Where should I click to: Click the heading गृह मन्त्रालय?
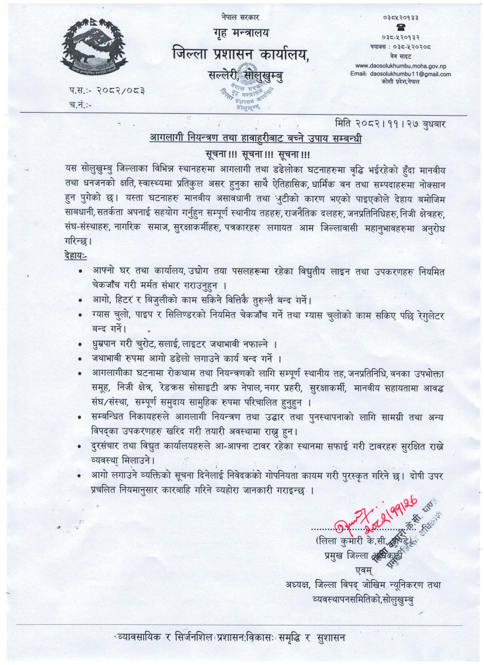click(x=241, y=34)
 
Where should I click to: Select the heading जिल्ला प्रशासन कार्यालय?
click(x=241, y=54)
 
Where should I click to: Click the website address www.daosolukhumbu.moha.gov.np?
click(x=401, y=66)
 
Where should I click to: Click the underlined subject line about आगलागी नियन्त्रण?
click(x=256, y=139)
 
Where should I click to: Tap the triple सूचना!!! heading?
click(x=256, y=153)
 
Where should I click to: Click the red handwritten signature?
click(x=376, y=514)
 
